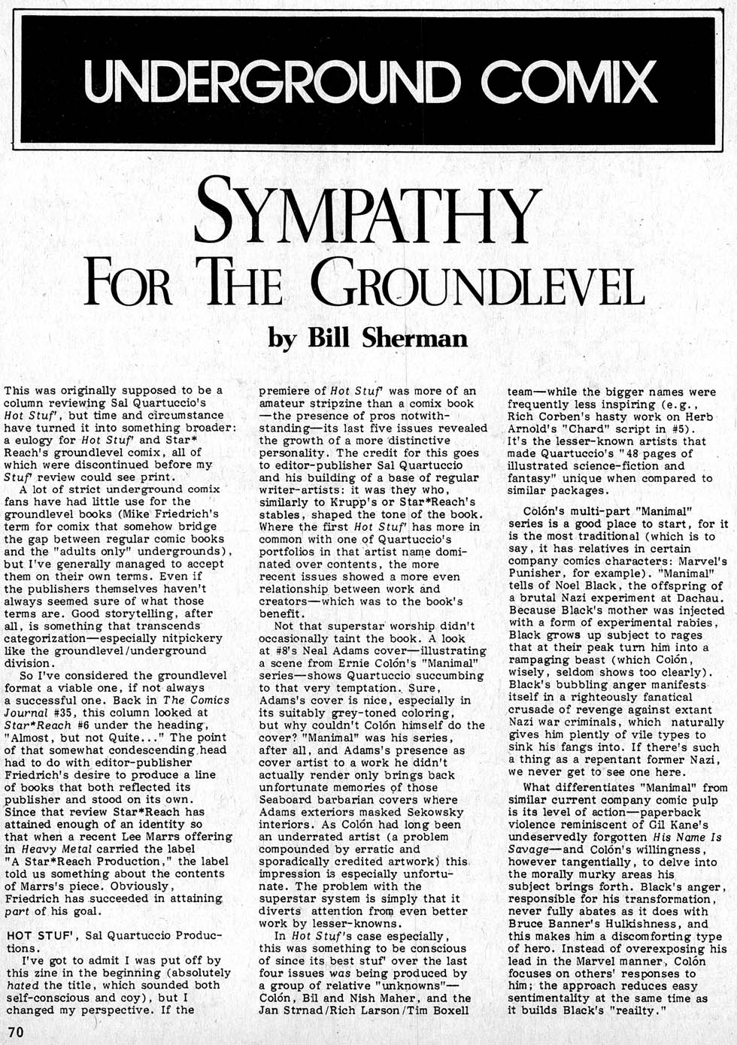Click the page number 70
[16, 1031]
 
